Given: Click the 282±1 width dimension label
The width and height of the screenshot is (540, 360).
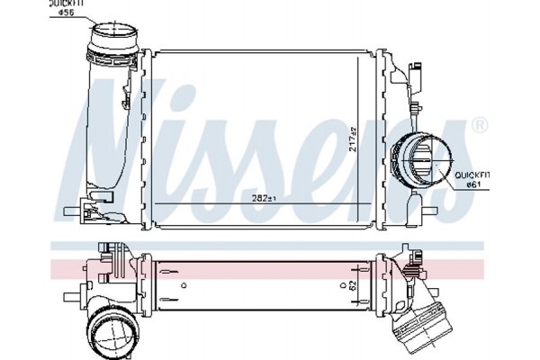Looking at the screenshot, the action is coord(265,198).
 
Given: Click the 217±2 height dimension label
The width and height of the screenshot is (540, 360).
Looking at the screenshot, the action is coord(353,139).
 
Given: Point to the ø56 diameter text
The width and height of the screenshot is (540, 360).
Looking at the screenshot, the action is coord(66,13).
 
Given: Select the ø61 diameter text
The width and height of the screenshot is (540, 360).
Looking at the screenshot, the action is coord(473,184).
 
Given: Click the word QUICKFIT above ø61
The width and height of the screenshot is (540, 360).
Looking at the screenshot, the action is coord(472,175).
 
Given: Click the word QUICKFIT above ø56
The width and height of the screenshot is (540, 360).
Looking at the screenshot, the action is coord(67,4).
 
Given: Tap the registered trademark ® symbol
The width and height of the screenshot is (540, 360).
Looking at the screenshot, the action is coord(479,126).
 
